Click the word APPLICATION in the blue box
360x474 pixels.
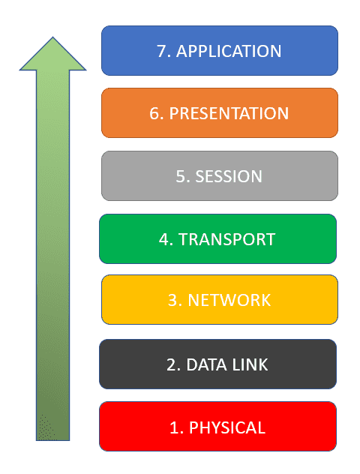pos(229,51)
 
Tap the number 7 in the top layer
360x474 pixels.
pos(163,51)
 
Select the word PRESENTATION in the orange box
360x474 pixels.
pos(229,113)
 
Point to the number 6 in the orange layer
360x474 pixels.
pos(155,113)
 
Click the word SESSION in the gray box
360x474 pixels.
pos(229,176)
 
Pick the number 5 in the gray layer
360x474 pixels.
pos(181,176)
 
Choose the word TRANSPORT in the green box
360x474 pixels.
pos(226,239)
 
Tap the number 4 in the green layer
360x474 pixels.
pos(165,239)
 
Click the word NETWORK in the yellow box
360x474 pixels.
pos(229,300)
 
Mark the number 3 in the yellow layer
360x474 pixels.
pos(174,300)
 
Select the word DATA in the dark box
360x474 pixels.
pos(206,364)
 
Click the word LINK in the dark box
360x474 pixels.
pos(250,364)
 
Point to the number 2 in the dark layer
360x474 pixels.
pos(172,364)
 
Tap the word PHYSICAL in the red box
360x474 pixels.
pos(227,427)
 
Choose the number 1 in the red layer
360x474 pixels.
pos(175,427)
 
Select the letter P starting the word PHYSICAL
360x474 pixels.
pos(193,427)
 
